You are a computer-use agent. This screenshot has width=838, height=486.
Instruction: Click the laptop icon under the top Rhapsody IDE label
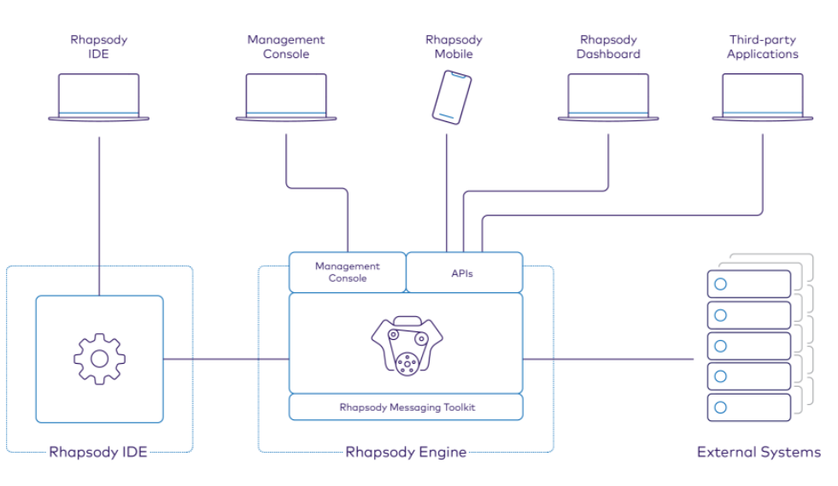pyautogui.click(x=99, y=97)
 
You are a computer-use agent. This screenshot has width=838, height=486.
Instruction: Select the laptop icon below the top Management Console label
pyautogui.click(x=286, y=97)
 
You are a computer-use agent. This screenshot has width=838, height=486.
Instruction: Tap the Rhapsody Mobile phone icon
pyautogui.click(x=452, y=97)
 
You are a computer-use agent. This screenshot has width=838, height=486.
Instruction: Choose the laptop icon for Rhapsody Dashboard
pyautogui.click(x=608, y=97)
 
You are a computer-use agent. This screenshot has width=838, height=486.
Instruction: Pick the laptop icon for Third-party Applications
pyautogui.click(x=763, y=97)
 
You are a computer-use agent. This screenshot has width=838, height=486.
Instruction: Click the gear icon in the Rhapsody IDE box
pyautogui.click(x=99, y=359)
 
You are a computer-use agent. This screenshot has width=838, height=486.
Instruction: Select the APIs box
pyautogui.click(x=463, y=273)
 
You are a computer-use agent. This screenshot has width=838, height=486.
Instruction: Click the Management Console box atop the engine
pyautogui.click(x=347, y=272)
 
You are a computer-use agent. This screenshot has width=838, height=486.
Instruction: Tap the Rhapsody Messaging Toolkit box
pyautogui.click(x=406, y=407)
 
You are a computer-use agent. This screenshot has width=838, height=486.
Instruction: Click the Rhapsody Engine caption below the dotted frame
pyautogui.click(x=406, y=452)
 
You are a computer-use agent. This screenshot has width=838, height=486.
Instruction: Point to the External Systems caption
pyautogui.click(x=759, y=452)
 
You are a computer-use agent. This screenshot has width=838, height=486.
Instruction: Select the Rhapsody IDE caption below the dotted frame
pyautogui.click(x=99, y=452)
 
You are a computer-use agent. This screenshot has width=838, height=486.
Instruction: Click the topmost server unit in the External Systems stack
pyautogui.click(x=749, y=284)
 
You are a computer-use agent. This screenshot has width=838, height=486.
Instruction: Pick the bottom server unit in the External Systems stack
pyautogui.click(x=749, y=407)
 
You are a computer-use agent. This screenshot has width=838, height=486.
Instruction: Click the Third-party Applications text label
pyautogui.click(x=763, y=47)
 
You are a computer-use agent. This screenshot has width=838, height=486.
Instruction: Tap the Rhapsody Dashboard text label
pyautogui.click(x=608, y=47)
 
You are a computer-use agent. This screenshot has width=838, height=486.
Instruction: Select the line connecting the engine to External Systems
pyautogui.click(x=607, y=360)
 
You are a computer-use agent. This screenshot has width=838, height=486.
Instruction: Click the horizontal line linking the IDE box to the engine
pyautogui.click(x=226, y=360)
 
